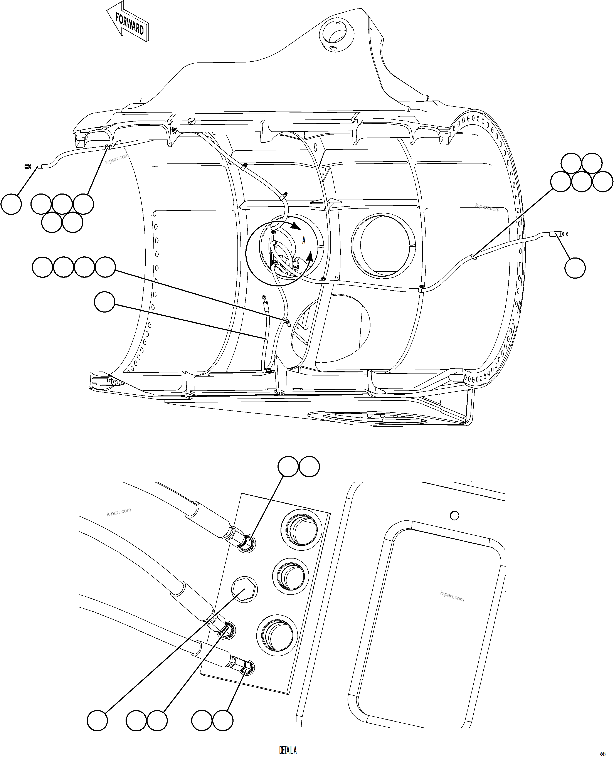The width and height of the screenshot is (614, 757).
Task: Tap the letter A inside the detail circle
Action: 303,241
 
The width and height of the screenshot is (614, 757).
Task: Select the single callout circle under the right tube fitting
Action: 575,268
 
